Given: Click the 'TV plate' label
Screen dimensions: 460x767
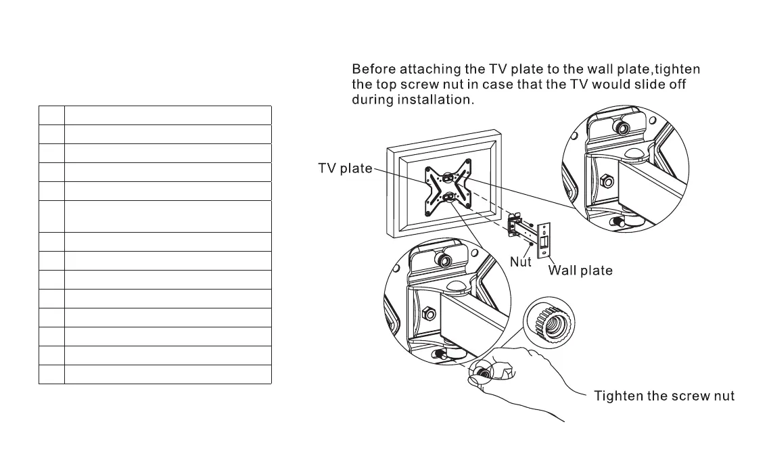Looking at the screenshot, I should (x=345, y=168).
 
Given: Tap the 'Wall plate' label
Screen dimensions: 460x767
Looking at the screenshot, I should (x=580, y=271).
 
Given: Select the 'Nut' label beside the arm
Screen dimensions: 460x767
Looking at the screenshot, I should (x=520, y=261).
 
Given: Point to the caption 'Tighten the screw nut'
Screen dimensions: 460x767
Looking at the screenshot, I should (x=664, y=396).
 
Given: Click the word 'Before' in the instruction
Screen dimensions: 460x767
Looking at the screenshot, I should (x=373, y=69).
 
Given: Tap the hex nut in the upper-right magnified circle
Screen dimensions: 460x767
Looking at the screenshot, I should (x=607, y=181).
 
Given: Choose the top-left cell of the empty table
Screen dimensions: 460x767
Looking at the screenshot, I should (x=51, y=115).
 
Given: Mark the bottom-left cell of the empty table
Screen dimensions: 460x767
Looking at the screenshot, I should (x=51, y=374).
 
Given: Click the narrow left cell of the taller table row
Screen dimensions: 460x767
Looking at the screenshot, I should (x=51, y=216).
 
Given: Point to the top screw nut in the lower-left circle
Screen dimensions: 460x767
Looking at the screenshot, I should (x=443, y=259).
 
